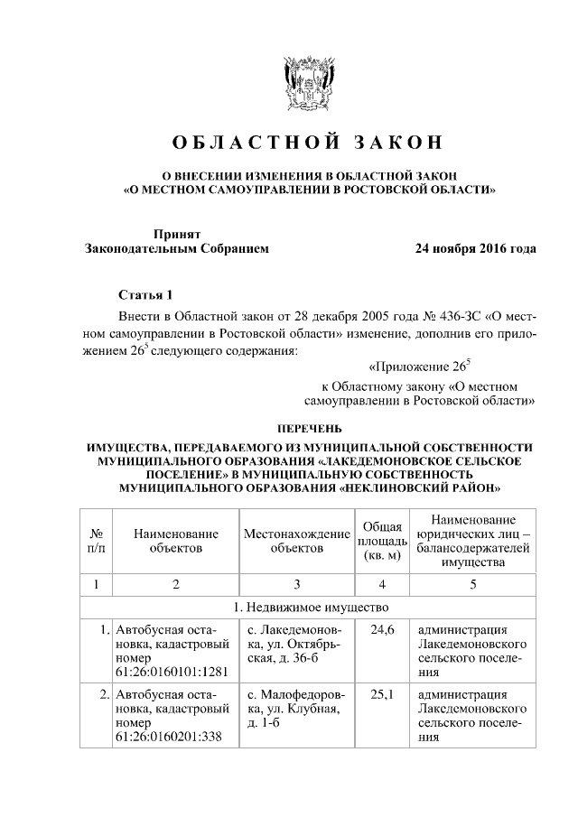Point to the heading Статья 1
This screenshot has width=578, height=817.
144,295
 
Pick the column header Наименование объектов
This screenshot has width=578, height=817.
176,540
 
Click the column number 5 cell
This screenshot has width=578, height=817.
472,584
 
